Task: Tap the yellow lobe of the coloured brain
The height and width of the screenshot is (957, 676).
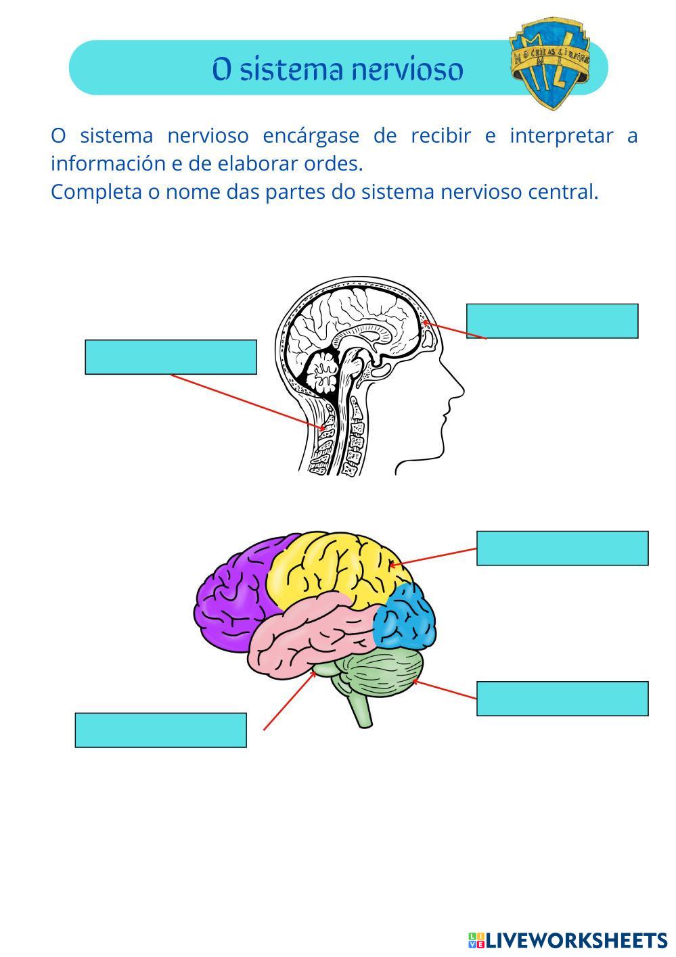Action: click(332, 568)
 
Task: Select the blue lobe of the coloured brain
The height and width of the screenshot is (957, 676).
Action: click(406, 619)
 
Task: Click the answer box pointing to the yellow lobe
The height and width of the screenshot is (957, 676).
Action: click(562, 548)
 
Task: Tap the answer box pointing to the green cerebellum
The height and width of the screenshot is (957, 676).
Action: click(562, 699)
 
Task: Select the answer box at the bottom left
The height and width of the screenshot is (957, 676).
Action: click(160, 730)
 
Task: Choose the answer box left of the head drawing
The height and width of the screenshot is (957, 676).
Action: click(171, 357)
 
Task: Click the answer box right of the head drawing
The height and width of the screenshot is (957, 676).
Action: click(552, 321)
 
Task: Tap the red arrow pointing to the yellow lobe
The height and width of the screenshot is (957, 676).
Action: click(433, 556)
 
